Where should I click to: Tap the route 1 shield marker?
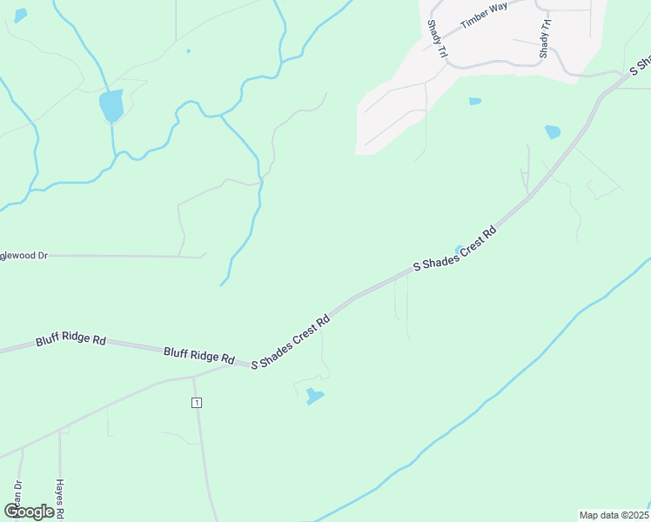click(x=198, y=402)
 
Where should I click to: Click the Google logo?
click(x=29, y=512)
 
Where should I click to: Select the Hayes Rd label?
click(x=60, y=499)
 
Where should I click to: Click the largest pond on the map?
click(x=111, y=106)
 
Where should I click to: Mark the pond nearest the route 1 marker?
click(x=314, y=397)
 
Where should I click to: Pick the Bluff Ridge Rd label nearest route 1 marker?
click(x=199, y=353)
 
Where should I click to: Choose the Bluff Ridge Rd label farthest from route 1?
click(x=70, y=339)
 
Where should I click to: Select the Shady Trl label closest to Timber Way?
click(x=437, y=40)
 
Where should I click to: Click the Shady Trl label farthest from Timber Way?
click(x=545, y=40)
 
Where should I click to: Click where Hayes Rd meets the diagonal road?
click(x=60, y=429)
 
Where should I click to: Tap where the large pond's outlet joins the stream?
click(x=114, y=157)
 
